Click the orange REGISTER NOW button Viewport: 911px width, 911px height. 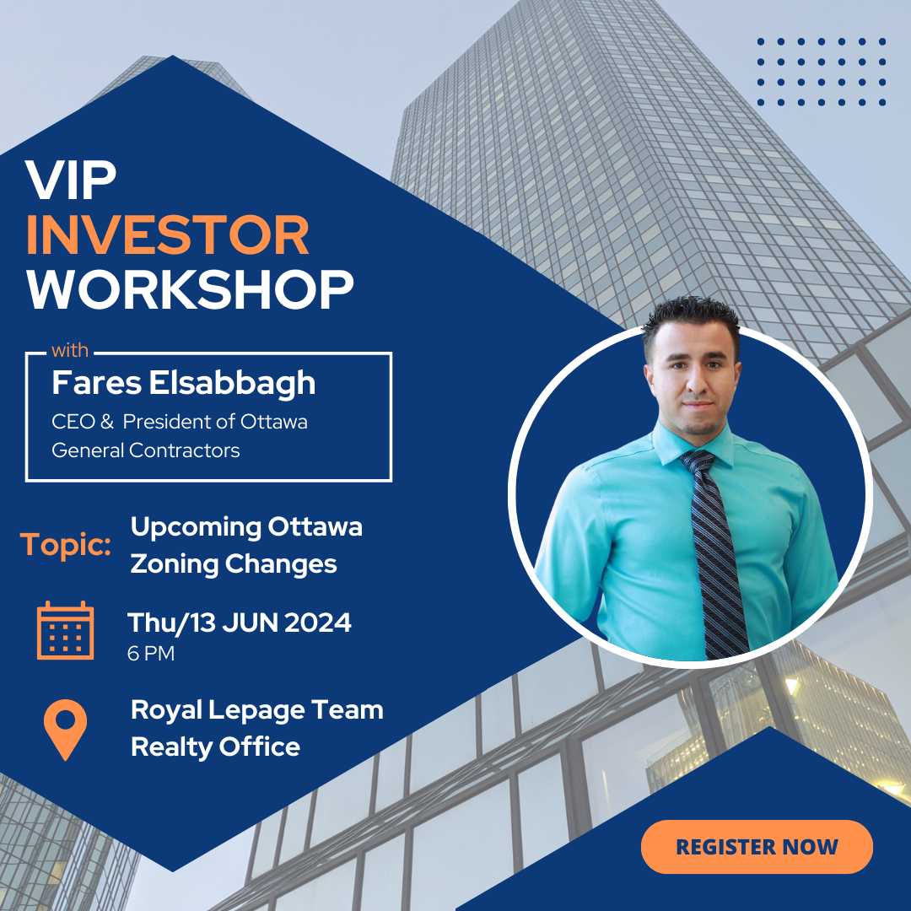(757, 847)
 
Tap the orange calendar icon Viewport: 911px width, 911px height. (65, 630)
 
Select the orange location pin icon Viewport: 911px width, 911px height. (65, 729)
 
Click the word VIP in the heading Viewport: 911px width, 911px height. (70, 181)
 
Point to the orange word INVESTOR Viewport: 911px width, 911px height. (167, 235)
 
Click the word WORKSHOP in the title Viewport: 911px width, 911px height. (190, 289)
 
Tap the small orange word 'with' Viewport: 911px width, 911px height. (70, 350)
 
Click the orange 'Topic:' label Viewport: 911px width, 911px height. (66, 546)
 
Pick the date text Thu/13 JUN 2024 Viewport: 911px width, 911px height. (240, 623)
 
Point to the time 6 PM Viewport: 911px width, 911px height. (151, 653)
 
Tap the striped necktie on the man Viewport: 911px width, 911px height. (714, 552)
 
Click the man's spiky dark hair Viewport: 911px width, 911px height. (692, 316)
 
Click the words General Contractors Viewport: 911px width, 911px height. (146, 450)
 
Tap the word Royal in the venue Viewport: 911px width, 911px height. (166, 711)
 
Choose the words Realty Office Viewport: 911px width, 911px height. (216, 747)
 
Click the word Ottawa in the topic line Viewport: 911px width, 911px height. (315, 527)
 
